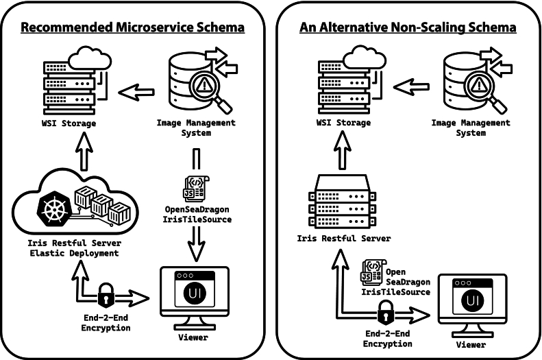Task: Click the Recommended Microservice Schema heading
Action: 133,27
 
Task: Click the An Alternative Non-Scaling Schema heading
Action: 408,27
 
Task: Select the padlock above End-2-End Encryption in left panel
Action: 106,295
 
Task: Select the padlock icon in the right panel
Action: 385,311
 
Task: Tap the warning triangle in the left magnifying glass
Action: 204,84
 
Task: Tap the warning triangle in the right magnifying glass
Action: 479,84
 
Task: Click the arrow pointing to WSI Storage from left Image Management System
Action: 136,93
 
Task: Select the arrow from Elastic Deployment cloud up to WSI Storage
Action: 84,152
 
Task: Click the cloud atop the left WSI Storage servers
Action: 90,58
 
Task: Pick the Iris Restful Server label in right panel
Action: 344,238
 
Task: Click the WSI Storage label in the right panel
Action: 343,123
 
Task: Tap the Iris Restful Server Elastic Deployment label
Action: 74,248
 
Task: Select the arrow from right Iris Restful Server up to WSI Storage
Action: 343,150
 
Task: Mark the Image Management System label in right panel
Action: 471,128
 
